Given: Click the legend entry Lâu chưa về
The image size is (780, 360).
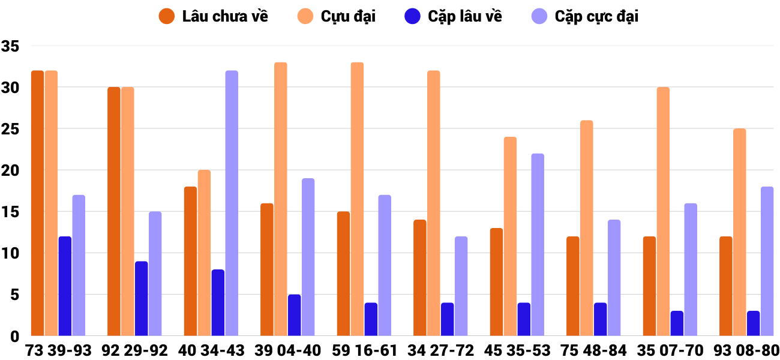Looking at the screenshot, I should [213, 16].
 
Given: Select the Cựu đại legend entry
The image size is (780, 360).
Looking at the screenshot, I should [337, 16].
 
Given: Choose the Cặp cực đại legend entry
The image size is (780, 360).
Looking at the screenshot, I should [584, 16].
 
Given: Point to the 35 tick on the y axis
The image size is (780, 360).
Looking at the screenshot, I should [10, 46].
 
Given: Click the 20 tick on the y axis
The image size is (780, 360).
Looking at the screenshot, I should [10, 170].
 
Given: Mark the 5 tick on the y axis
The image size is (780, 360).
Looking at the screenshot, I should [15, 295].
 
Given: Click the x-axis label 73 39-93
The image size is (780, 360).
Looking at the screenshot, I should [58, 350].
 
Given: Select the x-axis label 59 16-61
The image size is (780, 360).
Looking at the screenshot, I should [364, 350].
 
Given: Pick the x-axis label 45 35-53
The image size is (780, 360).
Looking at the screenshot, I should [517, 350].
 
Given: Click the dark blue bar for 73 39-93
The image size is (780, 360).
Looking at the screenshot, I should [65, 286].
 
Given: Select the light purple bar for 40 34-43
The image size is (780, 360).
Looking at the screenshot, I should [232, 203].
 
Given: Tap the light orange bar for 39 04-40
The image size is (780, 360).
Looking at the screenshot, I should [281, 199].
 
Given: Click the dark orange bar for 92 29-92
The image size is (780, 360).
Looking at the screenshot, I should [114, 211].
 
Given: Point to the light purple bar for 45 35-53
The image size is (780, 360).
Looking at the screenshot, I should [538, 245].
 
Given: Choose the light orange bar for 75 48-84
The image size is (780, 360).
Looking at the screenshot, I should [587, 228].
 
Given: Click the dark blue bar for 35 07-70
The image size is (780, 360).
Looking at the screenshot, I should [677, 323].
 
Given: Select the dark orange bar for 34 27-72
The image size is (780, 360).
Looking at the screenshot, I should [420, 278].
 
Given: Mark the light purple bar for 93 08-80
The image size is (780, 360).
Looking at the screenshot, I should [767, 261].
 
